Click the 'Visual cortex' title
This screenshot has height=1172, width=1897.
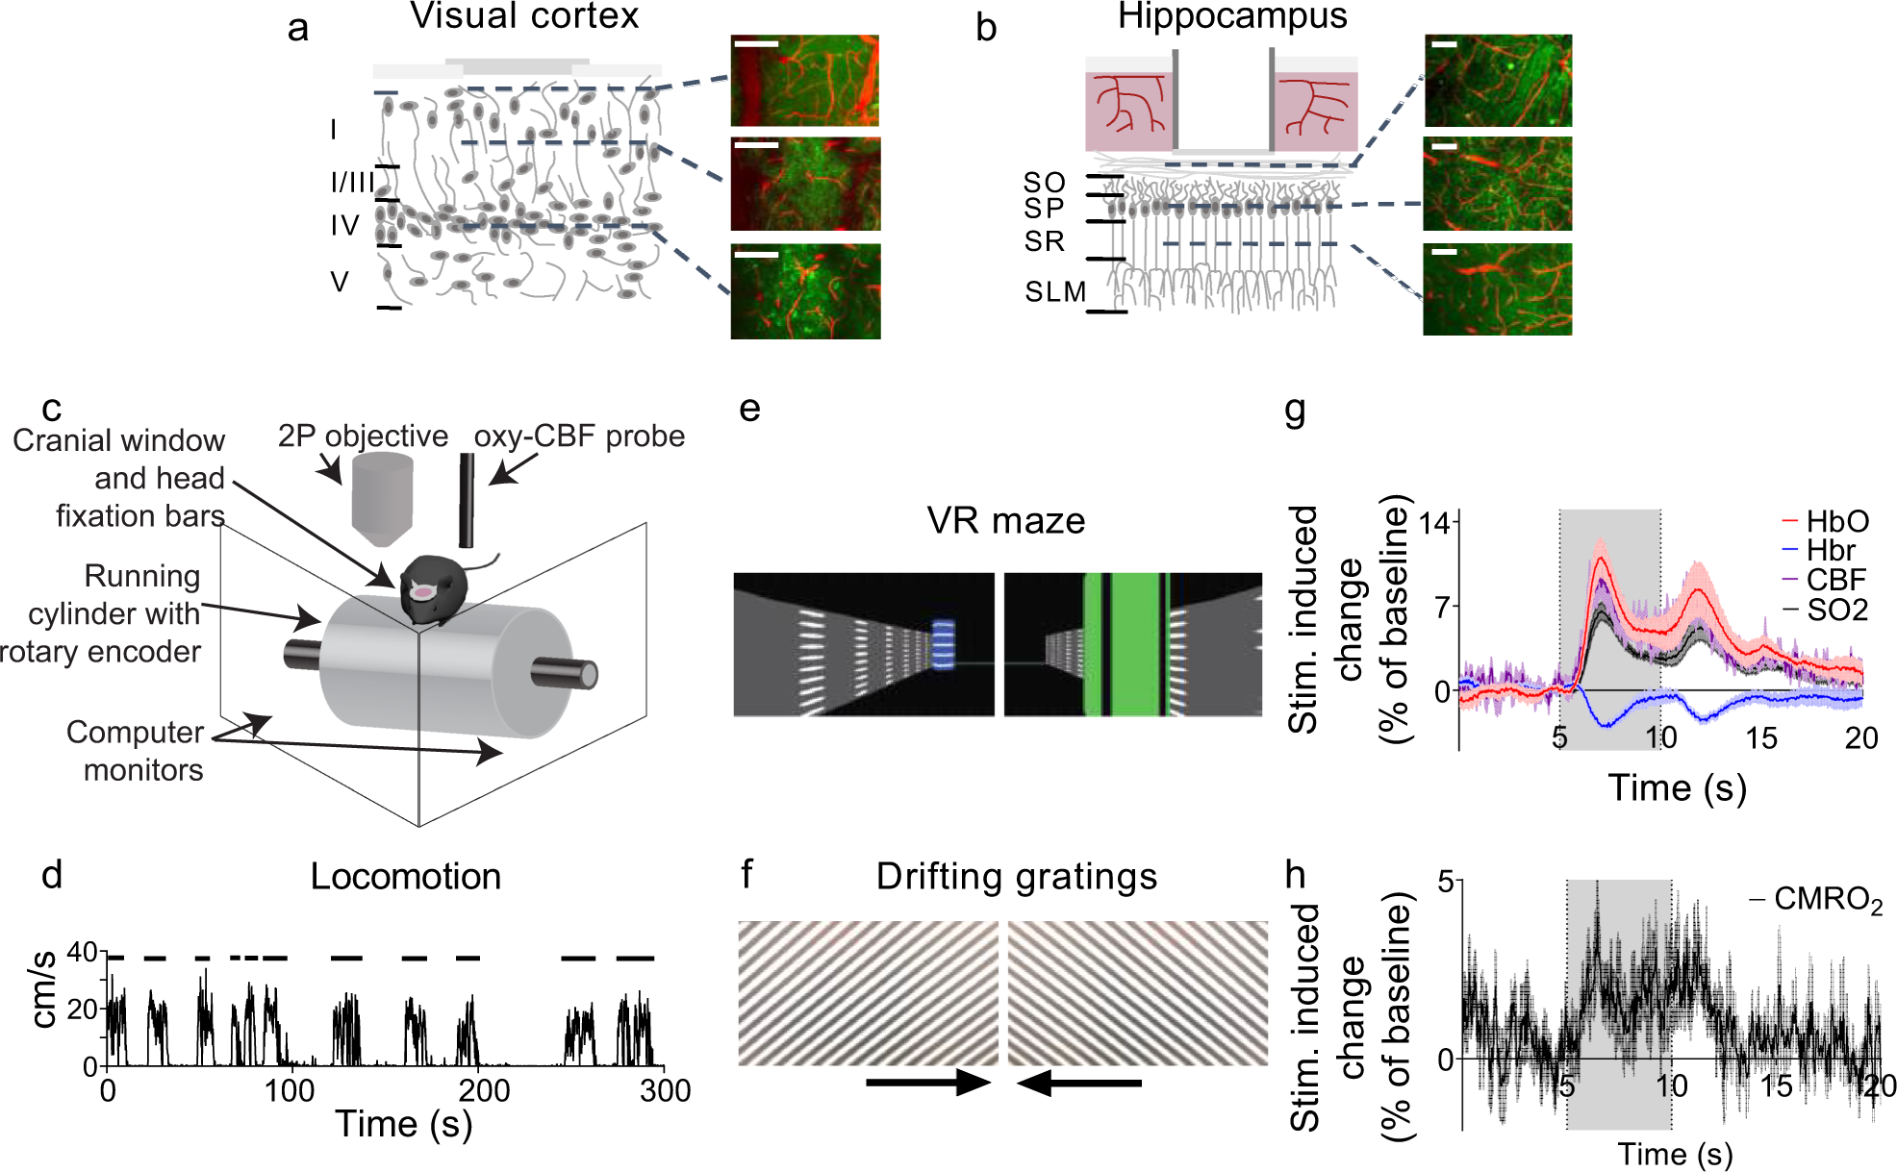524,16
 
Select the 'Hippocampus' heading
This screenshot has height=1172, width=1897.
1232,16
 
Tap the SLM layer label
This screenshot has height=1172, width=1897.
1055,291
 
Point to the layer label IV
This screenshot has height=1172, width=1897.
344,226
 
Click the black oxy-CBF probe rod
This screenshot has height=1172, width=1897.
467,500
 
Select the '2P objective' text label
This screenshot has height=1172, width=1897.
363,436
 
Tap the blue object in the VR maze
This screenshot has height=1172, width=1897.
944,644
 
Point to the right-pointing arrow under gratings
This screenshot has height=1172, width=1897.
927,1084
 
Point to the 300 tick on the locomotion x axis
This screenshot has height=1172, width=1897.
665,1091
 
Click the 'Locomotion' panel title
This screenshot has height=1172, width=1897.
405,877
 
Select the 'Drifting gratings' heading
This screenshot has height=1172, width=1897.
1016,877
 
